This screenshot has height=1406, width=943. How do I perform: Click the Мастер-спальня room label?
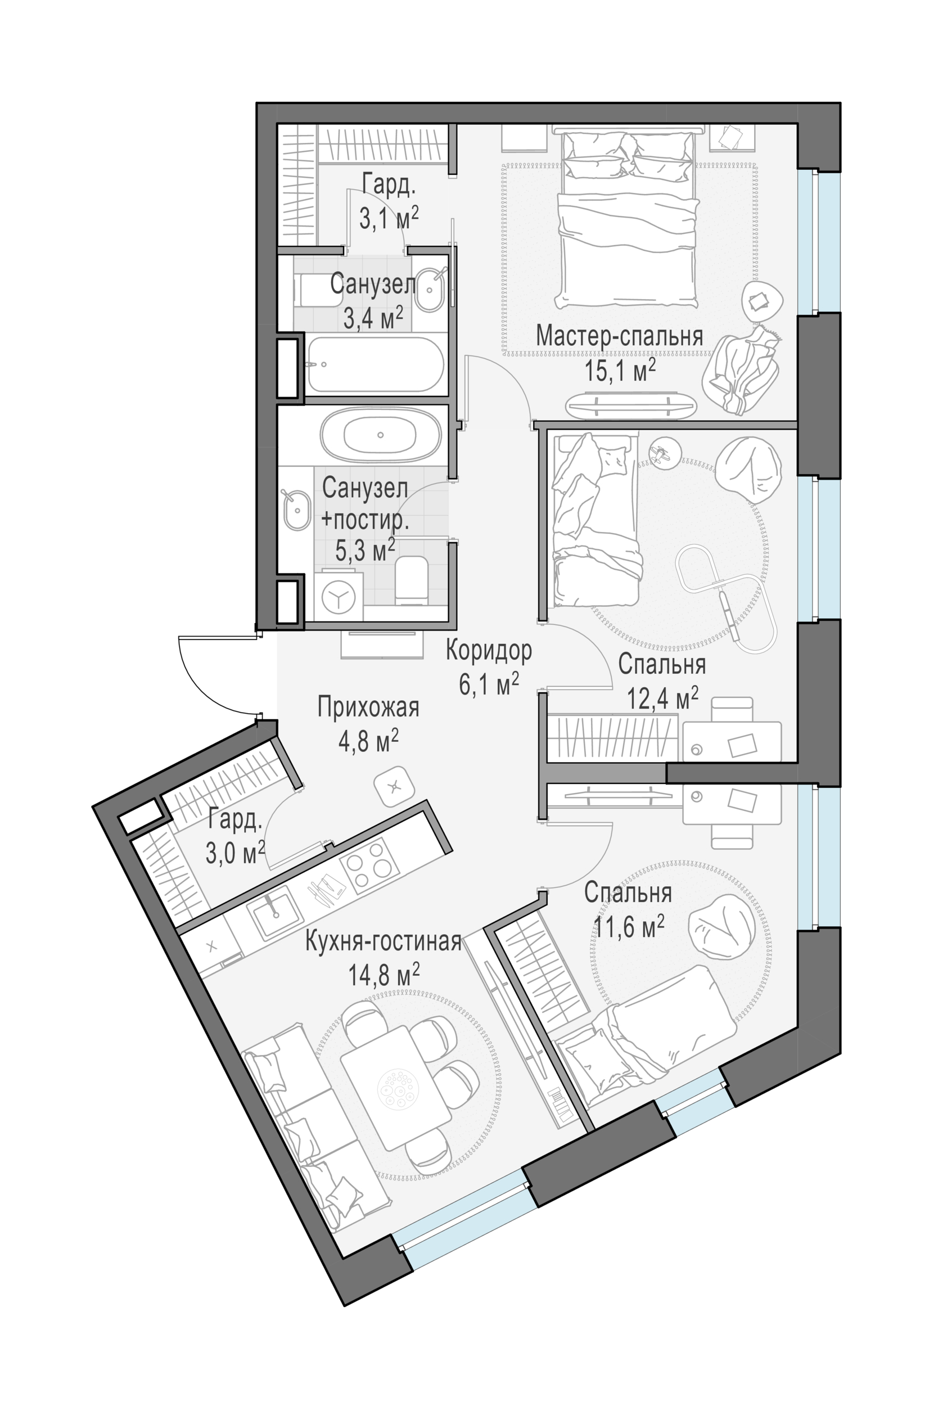coord(620,336)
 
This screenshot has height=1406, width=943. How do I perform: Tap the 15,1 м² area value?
coord(620,371)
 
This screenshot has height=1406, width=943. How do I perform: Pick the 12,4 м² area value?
coord(663,699)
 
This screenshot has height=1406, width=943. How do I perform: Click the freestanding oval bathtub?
coord(380,435)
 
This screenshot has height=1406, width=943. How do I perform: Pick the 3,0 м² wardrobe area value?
coord(236,853)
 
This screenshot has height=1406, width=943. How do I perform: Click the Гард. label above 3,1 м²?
coord(389,184)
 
